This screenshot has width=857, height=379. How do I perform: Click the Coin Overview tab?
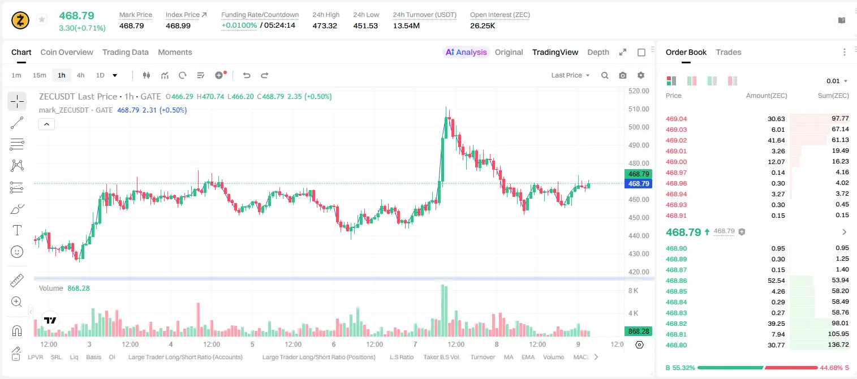67,52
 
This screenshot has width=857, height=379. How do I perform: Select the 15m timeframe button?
39,75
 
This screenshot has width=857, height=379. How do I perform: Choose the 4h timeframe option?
80,75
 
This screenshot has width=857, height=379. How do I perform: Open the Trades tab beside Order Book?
729,52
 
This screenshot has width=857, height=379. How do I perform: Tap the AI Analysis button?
466,52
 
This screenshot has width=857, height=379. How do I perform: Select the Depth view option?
598,52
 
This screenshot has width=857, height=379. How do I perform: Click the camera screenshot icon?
623,75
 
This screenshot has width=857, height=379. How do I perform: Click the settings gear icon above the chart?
641,75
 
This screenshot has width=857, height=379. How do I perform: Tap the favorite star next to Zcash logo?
42,19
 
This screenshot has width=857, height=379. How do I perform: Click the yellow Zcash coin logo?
20,20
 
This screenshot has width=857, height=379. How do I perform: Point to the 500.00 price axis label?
639,127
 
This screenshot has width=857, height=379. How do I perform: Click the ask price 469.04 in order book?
676,119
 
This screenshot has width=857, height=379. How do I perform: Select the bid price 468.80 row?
676,345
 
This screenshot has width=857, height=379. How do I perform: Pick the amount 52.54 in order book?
776,281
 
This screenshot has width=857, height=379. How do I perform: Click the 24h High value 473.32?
325,25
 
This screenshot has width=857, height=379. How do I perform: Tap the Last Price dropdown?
570,75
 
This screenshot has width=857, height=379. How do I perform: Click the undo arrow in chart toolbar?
247,75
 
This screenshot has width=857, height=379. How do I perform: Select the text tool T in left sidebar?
17,230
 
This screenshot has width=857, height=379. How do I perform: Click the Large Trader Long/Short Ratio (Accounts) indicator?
185,357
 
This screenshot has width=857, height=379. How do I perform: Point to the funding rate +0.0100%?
239,25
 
